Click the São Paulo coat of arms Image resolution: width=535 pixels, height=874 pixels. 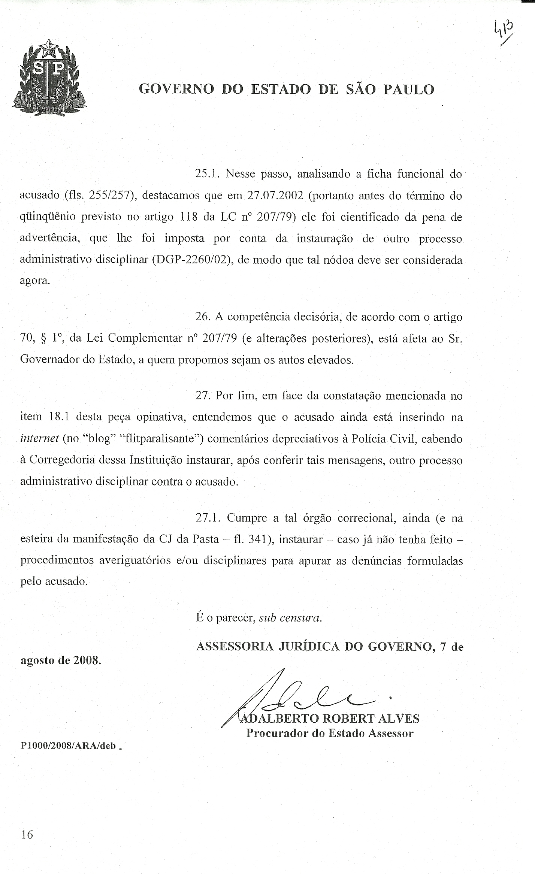49,78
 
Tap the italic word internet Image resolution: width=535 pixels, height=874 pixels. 39,439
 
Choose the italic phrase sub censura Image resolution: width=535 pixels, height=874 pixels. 290,618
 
